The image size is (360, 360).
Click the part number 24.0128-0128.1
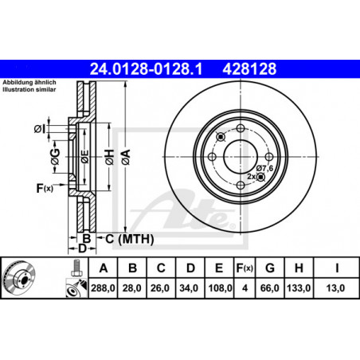pos(146,69)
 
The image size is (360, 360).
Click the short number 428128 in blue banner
pos(249,69)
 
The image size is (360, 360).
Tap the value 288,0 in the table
pos(103,288)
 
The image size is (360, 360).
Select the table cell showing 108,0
pos(220,288)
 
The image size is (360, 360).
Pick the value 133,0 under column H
pos(299,288)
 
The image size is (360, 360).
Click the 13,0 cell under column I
pos(335,288)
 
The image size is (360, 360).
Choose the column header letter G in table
pos(270,268)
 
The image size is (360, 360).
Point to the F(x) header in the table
pos(245,268)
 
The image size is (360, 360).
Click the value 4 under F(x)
pos(245,288)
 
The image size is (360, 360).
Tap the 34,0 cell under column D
pos(189,288)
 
